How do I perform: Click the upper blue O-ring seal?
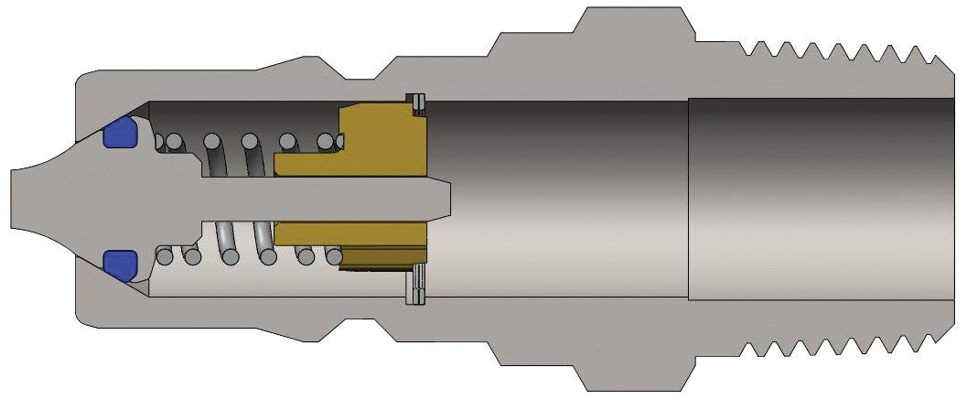[x=120, y=133]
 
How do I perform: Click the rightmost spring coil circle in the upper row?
[x=325, y=142]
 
